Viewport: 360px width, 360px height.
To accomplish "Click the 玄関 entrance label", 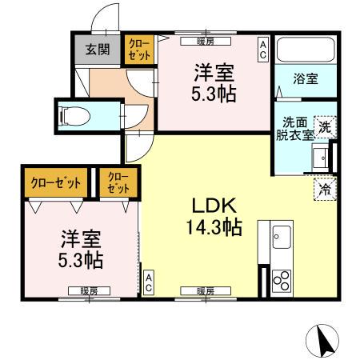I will tap(98, 50).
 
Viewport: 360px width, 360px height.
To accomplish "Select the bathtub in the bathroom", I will tap(302, 50).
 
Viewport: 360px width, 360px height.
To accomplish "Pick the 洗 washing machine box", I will tap(325, 126).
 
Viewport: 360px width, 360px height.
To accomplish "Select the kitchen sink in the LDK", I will tap(282, 238).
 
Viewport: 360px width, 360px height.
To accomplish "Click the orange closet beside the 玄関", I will tap(134, 49).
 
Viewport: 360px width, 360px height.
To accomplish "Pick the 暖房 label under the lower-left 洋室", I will tap(89, 291).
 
